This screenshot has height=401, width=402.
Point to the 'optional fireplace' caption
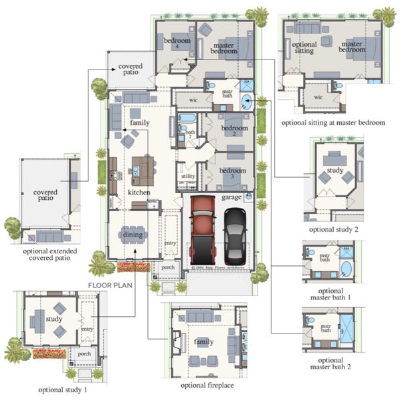[207, 386]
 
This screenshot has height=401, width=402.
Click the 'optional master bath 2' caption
[326, 362]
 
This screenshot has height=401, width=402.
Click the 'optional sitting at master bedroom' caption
[333, 123]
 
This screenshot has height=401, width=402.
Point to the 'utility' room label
[189, 176]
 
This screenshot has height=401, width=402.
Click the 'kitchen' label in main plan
[139, 192]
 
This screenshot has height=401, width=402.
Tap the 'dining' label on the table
[132, 234]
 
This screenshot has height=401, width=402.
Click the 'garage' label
[231, 198]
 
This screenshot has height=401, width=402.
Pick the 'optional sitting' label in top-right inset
[304, 47]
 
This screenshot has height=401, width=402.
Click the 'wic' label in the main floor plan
[193, 100]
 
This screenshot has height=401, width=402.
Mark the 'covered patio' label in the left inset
[45, 195]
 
